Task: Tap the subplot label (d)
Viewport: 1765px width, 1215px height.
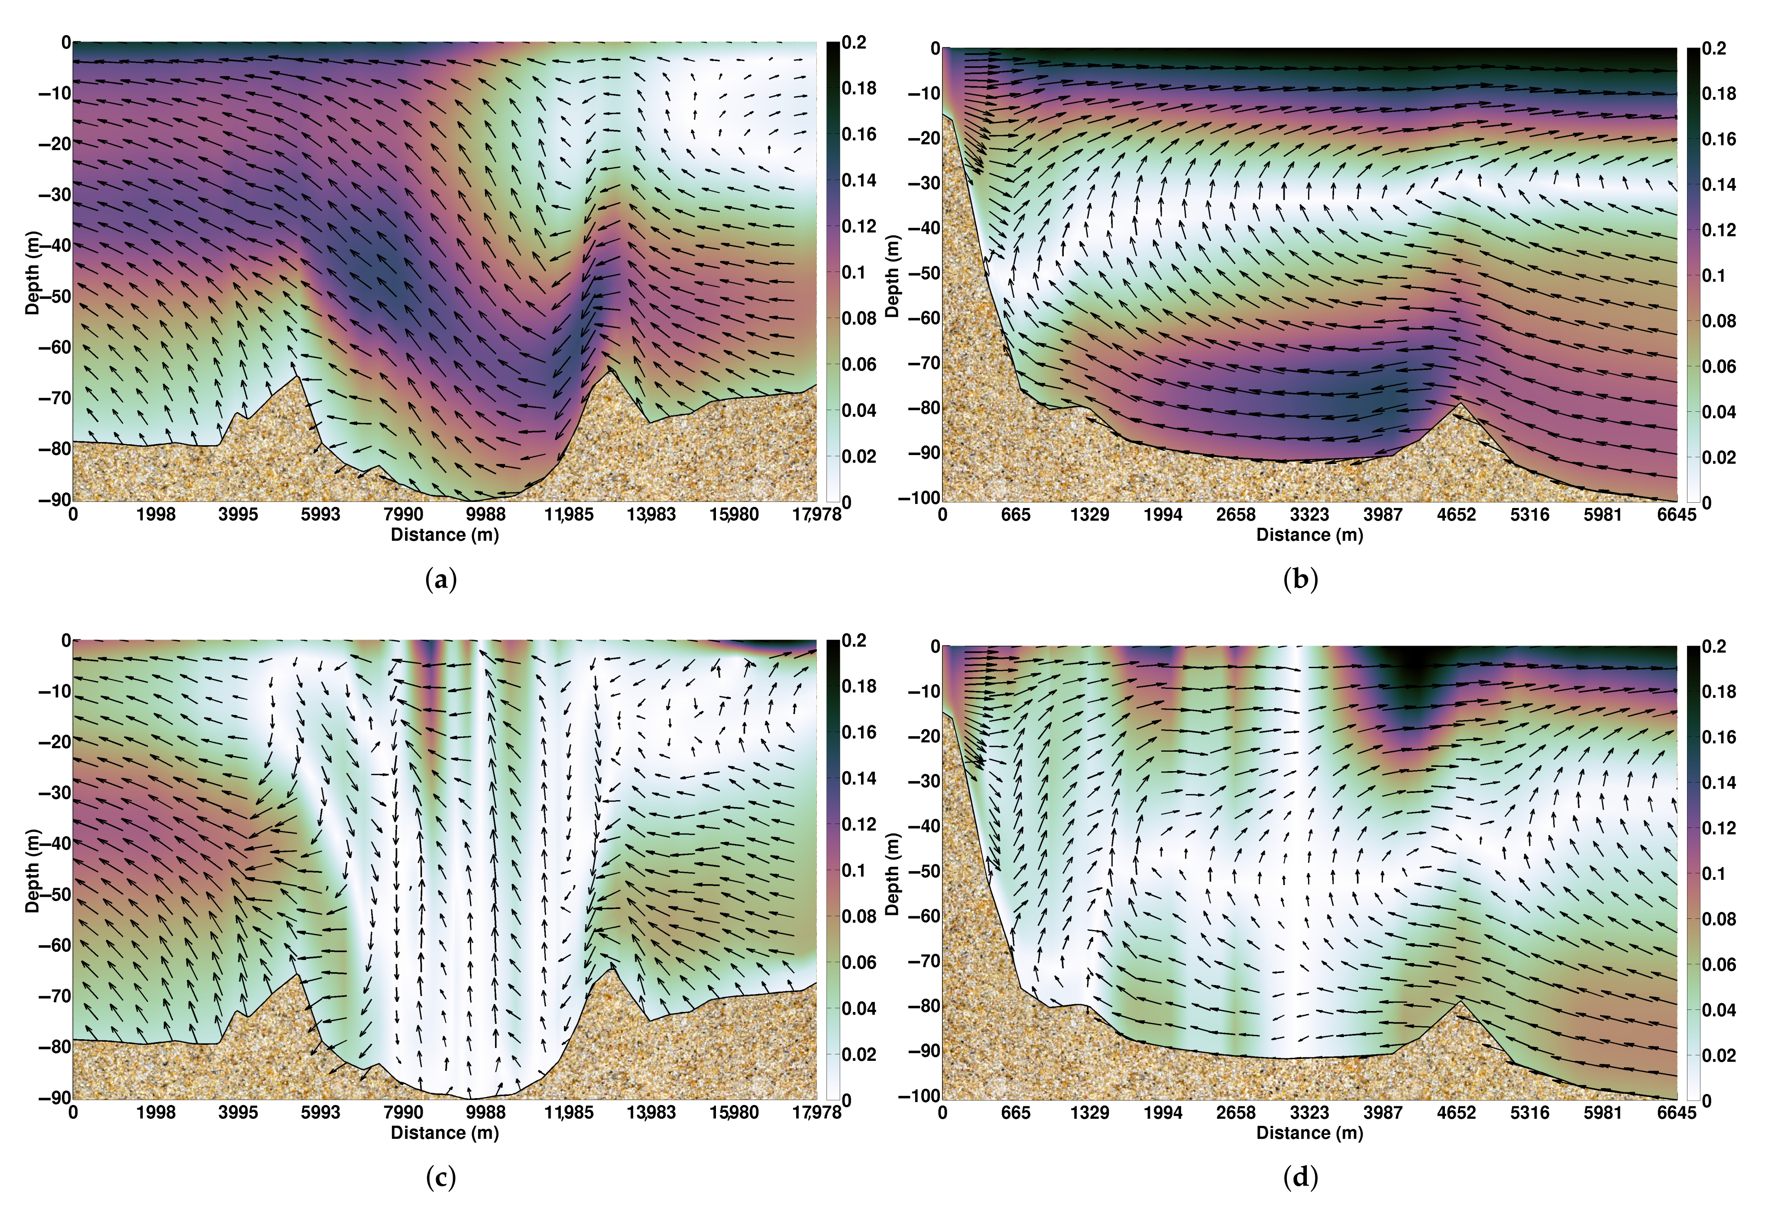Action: click(1300, 1178)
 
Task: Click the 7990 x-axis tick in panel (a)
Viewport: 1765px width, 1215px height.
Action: click(403, 515)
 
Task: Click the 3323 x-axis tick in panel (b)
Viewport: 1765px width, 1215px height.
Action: click(1309, 515)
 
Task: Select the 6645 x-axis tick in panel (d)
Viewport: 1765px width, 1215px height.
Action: click(1676, 1112)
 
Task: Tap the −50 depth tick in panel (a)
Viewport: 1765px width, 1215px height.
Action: click(55, 296)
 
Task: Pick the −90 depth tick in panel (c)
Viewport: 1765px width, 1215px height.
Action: click(55, 1097)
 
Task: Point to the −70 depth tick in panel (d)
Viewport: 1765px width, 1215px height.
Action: click(923, 961)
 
